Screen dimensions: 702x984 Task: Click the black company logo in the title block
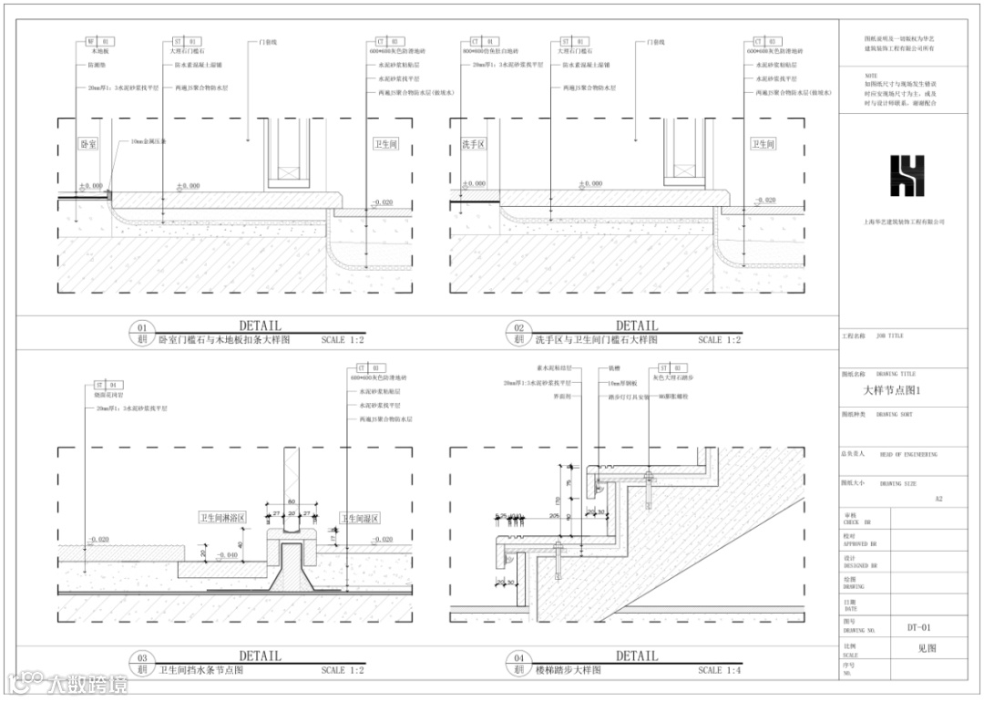(x=907, y=176)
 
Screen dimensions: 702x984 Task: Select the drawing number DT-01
(x=920, y=627)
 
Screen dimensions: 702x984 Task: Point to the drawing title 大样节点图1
(x=893, y=391)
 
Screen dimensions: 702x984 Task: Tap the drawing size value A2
(x=939, y=499)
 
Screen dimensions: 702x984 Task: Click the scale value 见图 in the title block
(x=927, y=649)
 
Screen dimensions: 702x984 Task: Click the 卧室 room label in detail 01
(x=88, y=145)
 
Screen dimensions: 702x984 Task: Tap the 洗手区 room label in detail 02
(x=474, y=145)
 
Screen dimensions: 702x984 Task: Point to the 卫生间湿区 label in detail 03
(x=360, y=518)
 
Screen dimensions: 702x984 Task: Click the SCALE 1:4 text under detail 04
(x=722, y=670)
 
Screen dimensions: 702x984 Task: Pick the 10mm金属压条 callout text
(x=149, y=143)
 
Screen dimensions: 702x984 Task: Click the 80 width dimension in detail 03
(x=292, y=501)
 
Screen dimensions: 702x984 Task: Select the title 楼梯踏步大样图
(x=569, y=670)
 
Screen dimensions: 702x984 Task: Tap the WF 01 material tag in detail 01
(x=97, y=42)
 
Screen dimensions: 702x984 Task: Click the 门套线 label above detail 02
(x=654, y=42)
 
